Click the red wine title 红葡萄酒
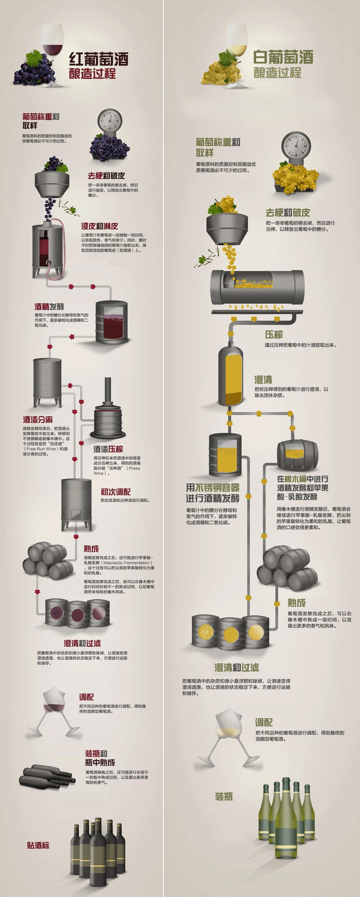tap(99, 59)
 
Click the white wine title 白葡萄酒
tap(283, 57)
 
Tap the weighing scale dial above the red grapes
tap(110, 120)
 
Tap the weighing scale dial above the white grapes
tap(296, 144)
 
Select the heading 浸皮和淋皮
tap(100, 226)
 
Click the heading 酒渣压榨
tap(108, 449)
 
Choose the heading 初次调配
tap(116, 492)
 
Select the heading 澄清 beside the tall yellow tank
tap(263, 379)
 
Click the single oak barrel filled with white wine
tap(298, 455)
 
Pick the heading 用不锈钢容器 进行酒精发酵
tap(213, 493)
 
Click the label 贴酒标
tap(38, 845)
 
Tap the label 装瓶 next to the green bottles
tap(223, 796)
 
